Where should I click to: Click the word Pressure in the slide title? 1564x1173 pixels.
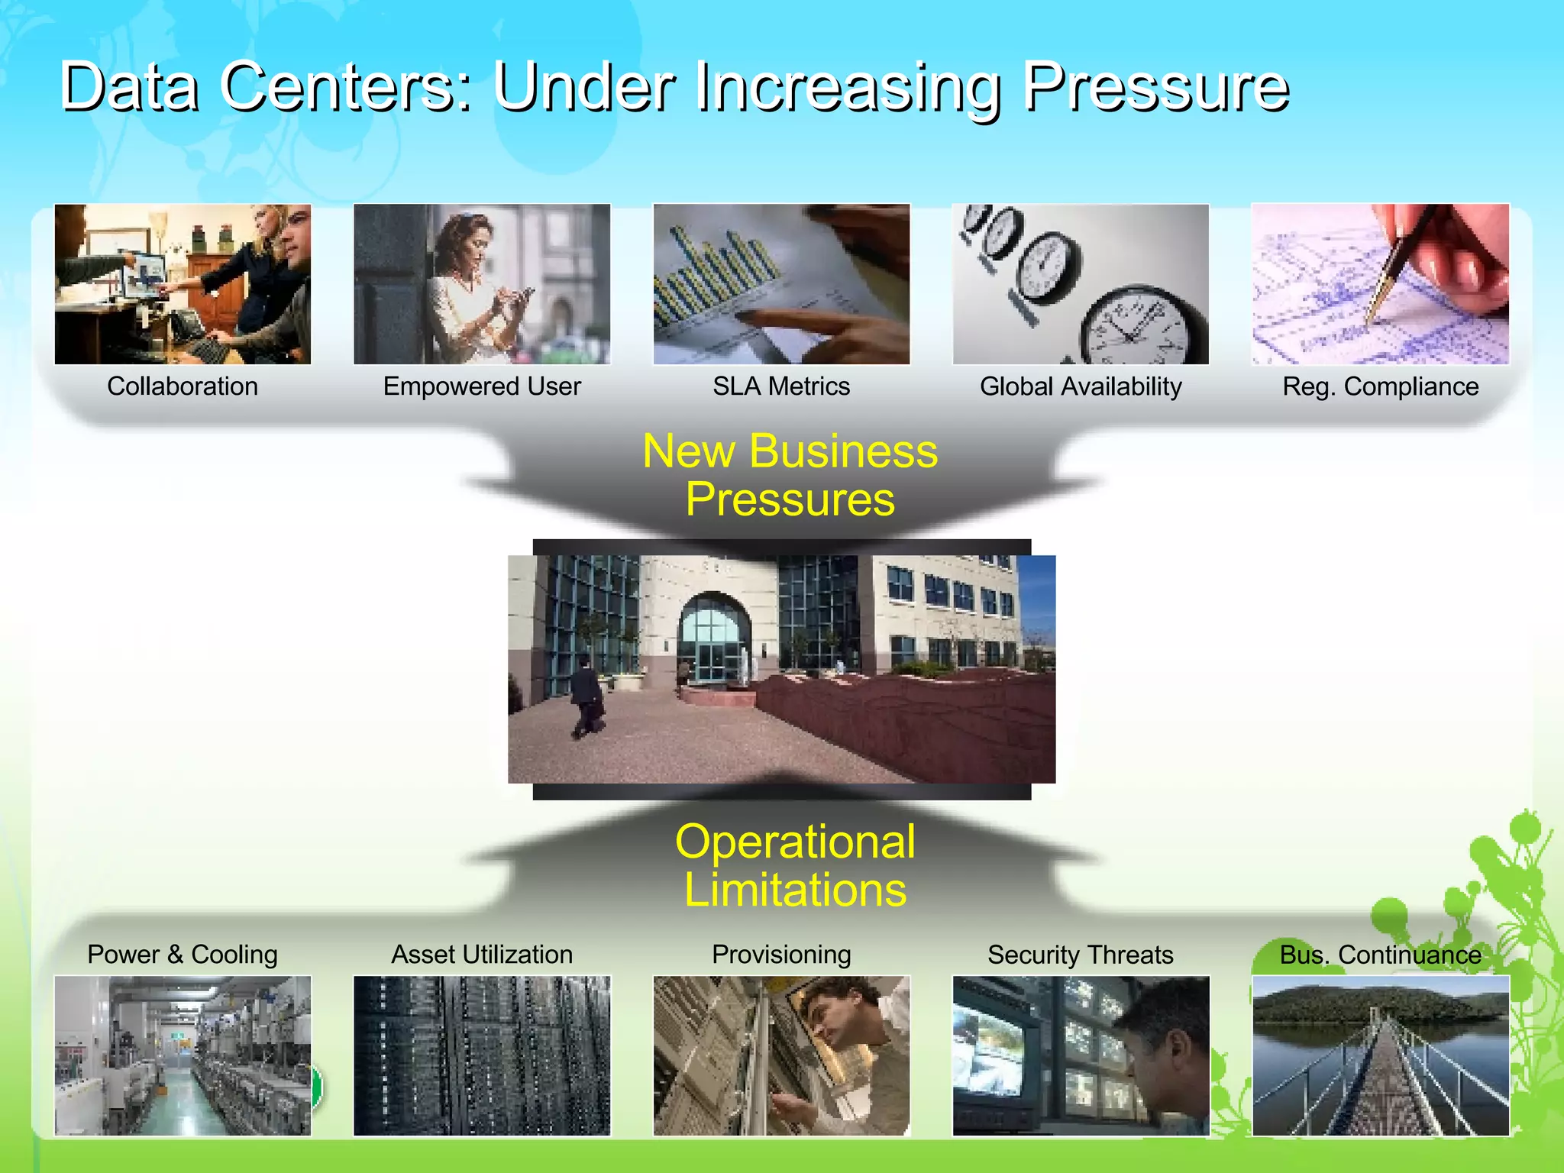(x=1155, y=88)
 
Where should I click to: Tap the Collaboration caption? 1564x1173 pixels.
(x=183, y=386)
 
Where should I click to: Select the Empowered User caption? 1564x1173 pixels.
(x=482, y=386)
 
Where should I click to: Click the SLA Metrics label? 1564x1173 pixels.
(x=781, y=386)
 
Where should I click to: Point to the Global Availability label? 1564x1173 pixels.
(x=1081, y=386)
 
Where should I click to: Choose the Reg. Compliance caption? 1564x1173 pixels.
(x=1380, y=386)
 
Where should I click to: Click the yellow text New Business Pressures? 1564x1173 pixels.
(x=790, y=474)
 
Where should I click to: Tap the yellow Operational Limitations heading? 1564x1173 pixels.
(x=795, y=865)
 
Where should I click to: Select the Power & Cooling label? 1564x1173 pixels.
(x=183, y=955)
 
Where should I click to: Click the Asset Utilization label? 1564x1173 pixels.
(x=482, y=955)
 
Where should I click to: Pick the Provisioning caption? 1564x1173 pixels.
(x=781, y=955)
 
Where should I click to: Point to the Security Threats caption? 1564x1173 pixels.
(x=1081, y=955)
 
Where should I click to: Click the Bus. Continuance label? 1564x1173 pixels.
(x=1380, y=955)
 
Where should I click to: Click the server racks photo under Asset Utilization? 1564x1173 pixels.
(x=482, y=1055)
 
